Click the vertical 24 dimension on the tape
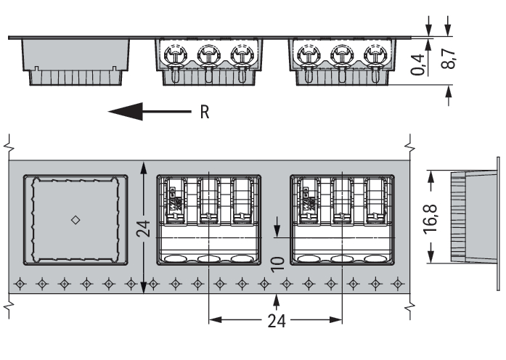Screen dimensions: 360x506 (144, 229)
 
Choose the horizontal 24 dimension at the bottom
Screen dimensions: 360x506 (277, 320)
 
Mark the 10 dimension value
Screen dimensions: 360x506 (276, 263)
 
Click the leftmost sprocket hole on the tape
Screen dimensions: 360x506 (20, 282)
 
